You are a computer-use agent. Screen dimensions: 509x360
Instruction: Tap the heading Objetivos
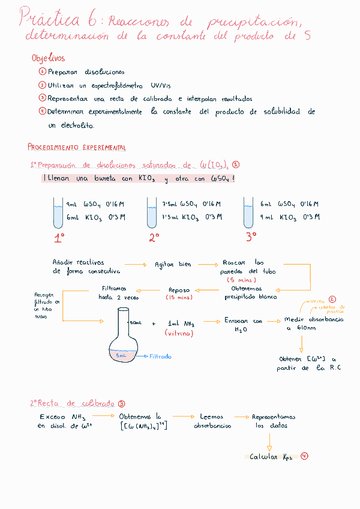(x=48, y=59)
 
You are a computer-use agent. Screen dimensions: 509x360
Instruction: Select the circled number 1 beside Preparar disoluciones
(x=42, y=71)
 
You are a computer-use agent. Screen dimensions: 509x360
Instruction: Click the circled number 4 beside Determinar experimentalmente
(x=42, y=111)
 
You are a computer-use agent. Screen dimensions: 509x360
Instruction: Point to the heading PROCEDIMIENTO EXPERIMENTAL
(x=77, y=147)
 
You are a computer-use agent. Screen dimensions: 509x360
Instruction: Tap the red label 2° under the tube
(x=154, y=238)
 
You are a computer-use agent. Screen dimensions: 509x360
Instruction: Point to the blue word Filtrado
(x=160, y=356)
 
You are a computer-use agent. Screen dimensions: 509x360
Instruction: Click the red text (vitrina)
(x=179, y=333)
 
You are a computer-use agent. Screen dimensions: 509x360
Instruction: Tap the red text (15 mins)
(x=179, y=298)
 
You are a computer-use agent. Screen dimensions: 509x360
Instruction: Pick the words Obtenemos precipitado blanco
(x=251, y=292)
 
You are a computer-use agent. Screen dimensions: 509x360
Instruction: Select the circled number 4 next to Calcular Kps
(x=305, y=456)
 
